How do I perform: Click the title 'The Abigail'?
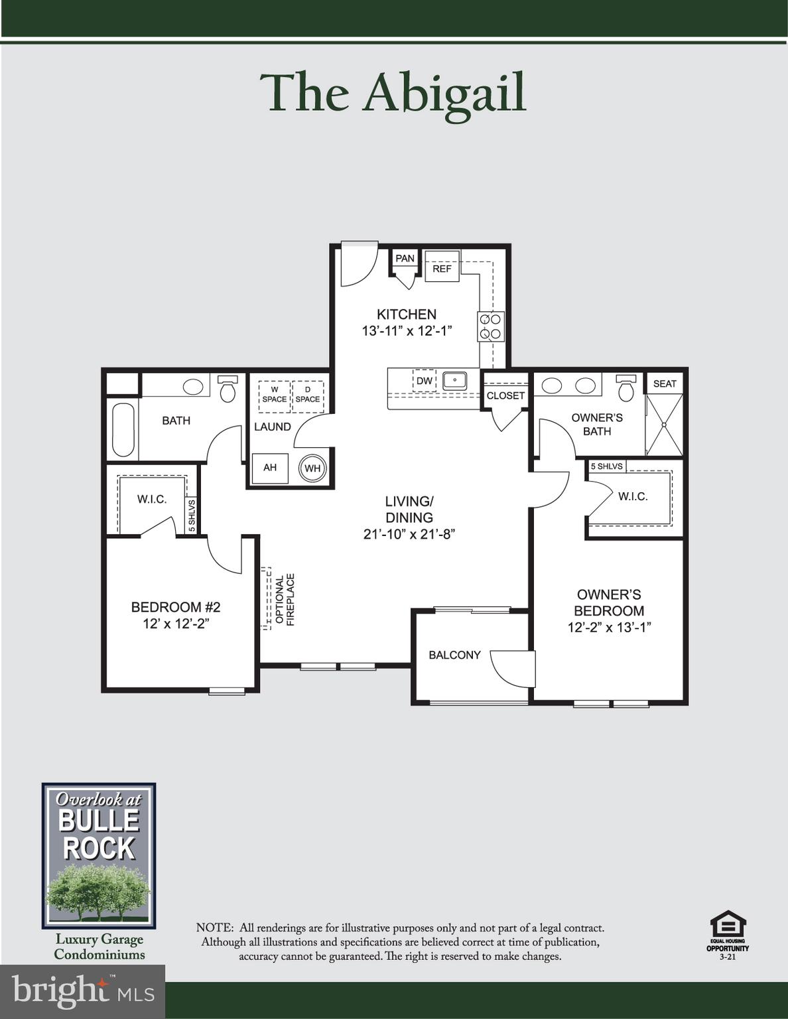394,94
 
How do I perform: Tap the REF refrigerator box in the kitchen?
442,267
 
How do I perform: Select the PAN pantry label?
405,258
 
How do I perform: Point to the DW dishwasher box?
425,381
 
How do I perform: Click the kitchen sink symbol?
455,381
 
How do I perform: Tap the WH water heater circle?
312,468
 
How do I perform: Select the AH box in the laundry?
270,468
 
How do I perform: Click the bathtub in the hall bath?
123,430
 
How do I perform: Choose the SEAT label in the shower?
665,383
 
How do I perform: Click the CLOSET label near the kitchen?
505,395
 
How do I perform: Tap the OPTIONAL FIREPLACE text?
285,600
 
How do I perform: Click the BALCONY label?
454,655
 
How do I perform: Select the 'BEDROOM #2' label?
176,606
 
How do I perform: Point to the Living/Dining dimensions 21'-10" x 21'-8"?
409,534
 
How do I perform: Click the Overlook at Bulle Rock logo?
99,856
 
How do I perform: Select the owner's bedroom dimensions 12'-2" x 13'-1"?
609,627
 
